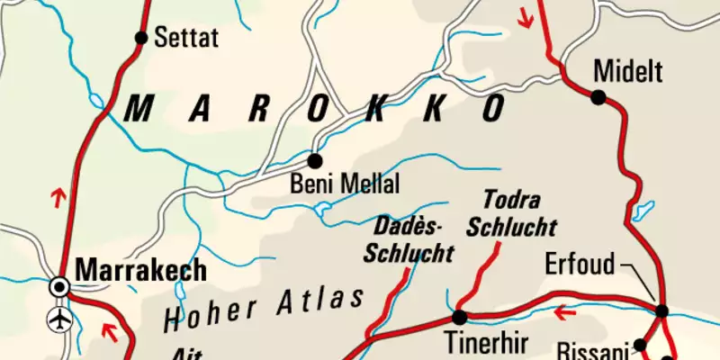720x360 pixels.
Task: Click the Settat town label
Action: point(187,38)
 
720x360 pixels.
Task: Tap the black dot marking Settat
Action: point(140,38)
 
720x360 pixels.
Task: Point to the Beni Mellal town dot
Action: point(314,161)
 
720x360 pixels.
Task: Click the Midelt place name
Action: point(627,69)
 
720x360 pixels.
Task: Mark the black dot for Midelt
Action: point(598,96)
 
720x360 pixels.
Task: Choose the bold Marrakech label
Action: point(141,269)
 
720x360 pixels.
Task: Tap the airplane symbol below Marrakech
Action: point(60,319)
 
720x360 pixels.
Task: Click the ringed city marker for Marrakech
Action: point(60,287)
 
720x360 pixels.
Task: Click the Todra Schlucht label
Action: point(511,212)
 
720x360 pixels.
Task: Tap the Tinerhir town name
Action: point(482,343)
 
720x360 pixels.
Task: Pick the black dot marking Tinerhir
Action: point(459,317)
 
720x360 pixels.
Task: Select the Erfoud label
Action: point(580,265)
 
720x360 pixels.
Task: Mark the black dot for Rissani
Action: point(640,345)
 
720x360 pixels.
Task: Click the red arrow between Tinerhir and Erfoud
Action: point(566,313)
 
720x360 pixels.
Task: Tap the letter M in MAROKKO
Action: point(139,110)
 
